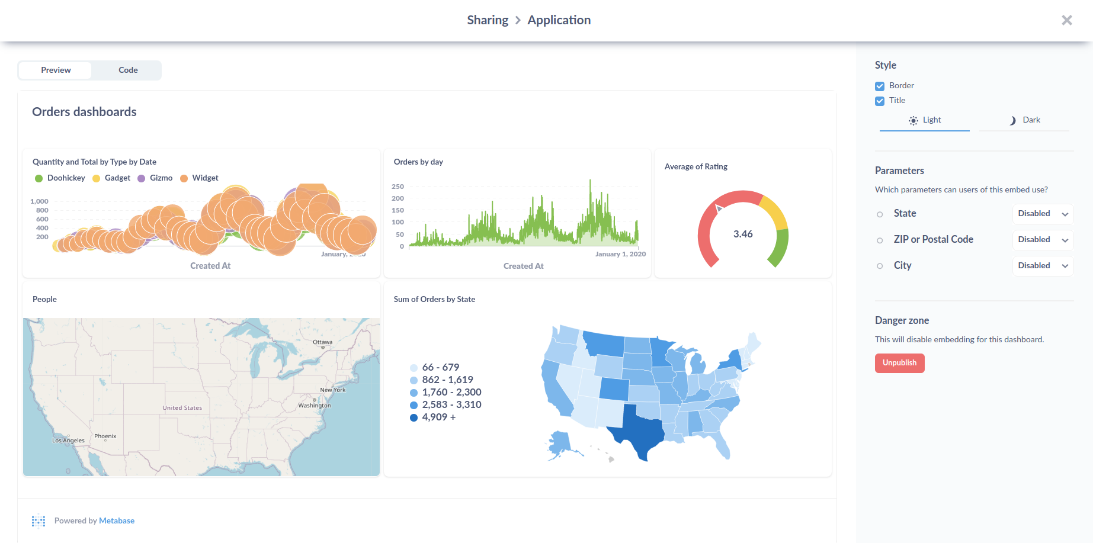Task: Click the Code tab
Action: tap(128, 70)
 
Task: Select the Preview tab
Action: tap(56, 70)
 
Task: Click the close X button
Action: tap(1066, 20)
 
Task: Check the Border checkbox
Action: tap(880, 86)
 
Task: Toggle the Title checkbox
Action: tap(880, 101)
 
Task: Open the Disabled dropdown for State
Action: tap(1042, 214)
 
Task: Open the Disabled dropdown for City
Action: tap(1042, 266)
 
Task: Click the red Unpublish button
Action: tap(899, 363)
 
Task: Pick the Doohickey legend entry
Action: tap(66, 178)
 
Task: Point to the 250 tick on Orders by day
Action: tap(398, 187)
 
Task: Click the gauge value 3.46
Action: tap(743, 234)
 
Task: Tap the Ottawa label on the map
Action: tap(322, 342)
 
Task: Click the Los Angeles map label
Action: tap(68, 441)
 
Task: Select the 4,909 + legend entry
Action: tap(438, 417)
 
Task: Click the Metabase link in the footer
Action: tap(117, 520)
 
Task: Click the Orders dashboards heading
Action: tap(84, 112)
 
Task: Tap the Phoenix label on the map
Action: tap(105, 436)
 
